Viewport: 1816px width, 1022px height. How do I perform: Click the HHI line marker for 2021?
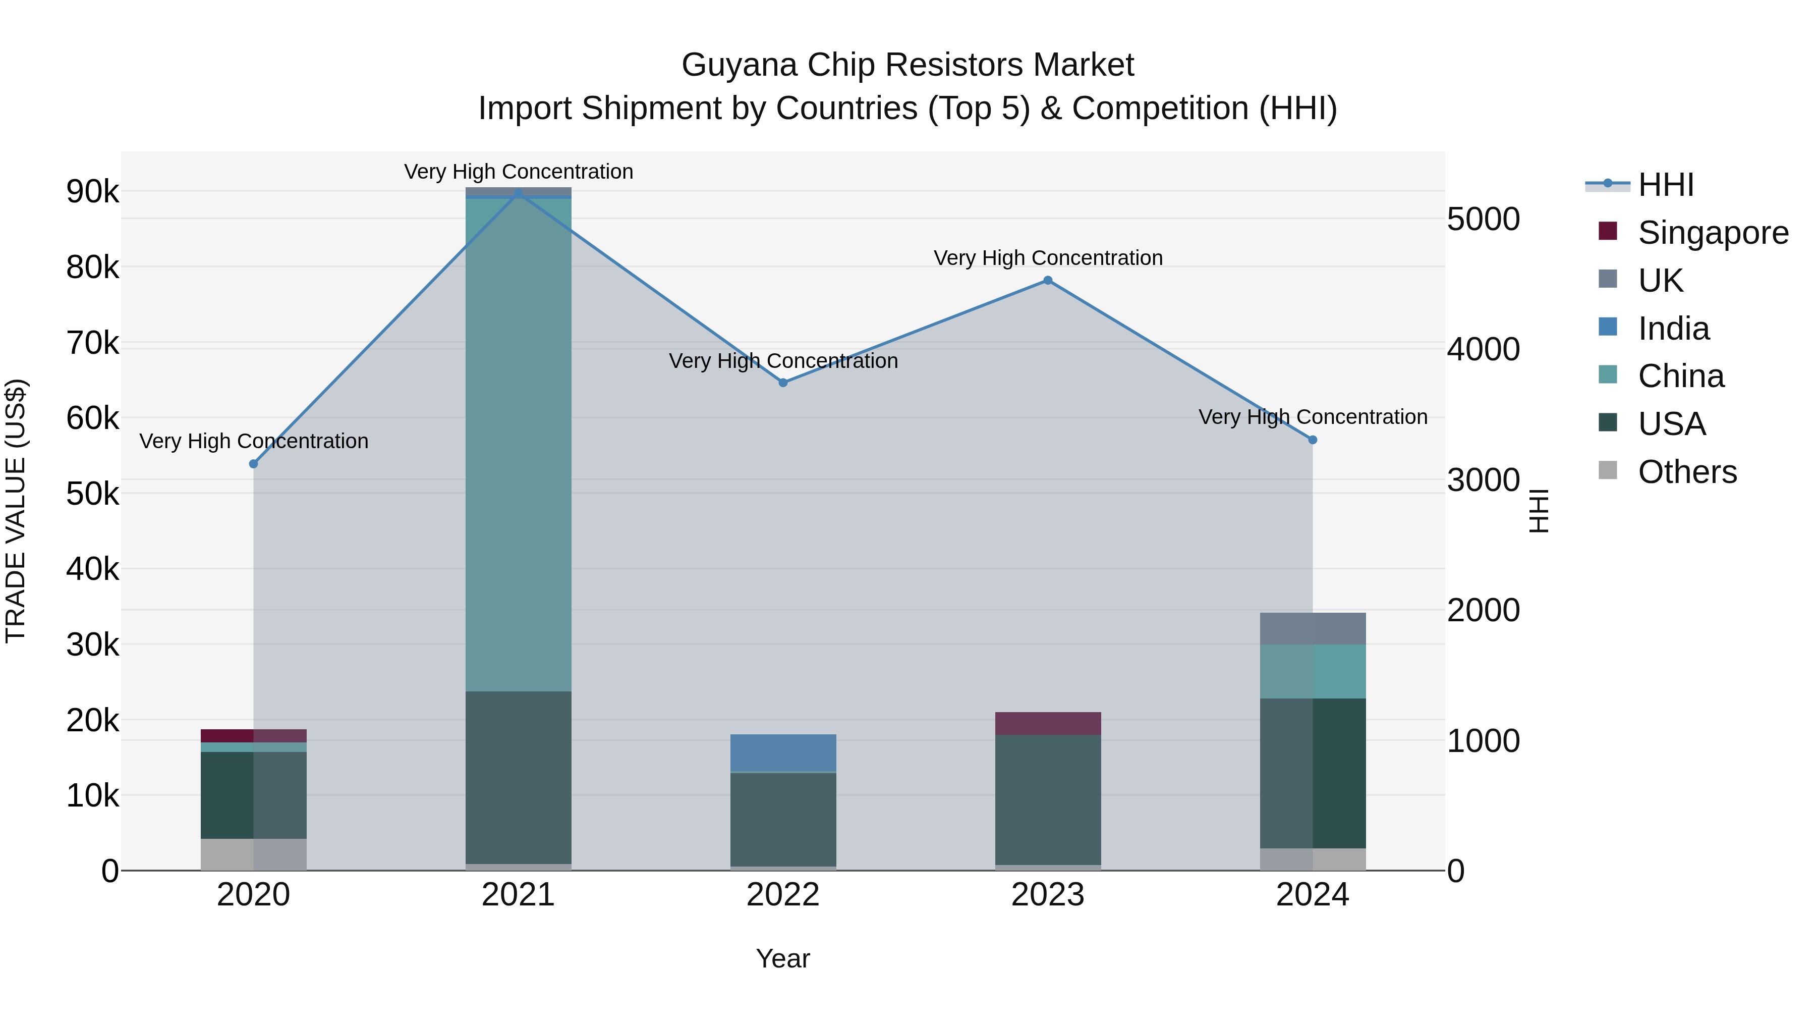[518, 193]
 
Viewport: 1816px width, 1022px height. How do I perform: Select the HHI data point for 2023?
[1048, 281]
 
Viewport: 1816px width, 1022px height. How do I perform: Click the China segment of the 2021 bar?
[518, 444]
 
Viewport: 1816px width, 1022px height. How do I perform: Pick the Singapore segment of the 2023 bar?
[1048, 724]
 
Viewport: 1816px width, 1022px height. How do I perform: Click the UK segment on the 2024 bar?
[1313, 628]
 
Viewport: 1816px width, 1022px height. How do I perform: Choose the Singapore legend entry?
[1713, 233]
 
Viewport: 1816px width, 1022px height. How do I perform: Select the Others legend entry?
[1686, 472]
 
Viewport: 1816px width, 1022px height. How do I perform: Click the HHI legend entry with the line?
[1665, 185]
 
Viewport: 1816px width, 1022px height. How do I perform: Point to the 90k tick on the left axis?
[92, 192]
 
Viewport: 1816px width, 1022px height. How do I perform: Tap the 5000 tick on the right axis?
[1483, 220]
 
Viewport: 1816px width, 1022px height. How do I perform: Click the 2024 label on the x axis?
[1313, 895]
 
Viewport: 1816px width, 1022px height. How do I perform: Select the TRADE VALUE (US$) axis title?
[16, 511]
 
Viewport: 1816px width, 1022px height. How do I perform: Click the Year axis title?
[782, 958]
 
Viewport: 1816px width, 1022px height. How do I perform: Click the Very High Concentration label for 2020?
[254, 442]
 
